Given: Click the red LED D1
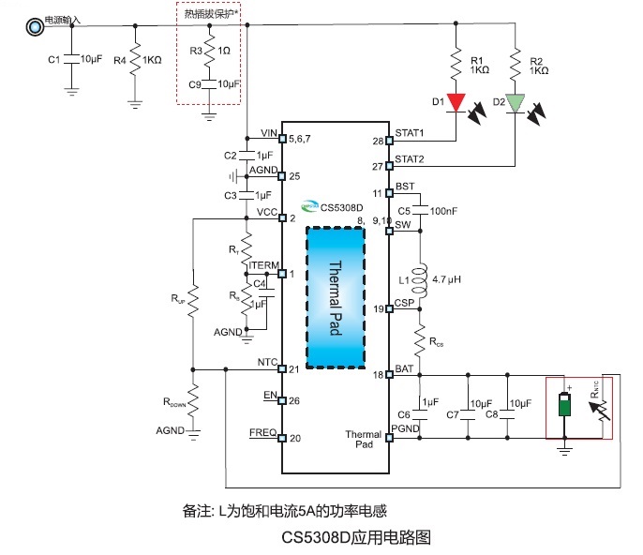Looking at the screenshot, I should [x=456, y=101].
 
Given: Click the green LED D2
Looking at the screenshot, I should [x=516, y=102].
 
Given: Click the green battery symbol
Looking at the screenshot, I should [x=566, y=406].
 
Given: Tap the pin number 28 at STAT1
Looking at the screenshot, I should [x=378, y=142].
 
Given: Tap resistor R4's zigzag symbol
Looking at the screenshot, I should [x=135, y=61].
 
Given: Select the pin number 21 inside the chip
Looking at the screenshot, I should [x=294, y=368].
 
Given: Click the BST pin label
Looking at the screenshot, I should [x=405, y=187].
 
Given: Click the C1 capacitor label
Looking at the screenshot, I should [x=53, y=60].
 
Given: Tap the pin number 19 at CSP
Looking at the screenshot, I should [x=379, y=308].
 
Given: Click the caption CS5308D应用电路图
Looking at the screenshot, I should [x=356, y=539].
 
